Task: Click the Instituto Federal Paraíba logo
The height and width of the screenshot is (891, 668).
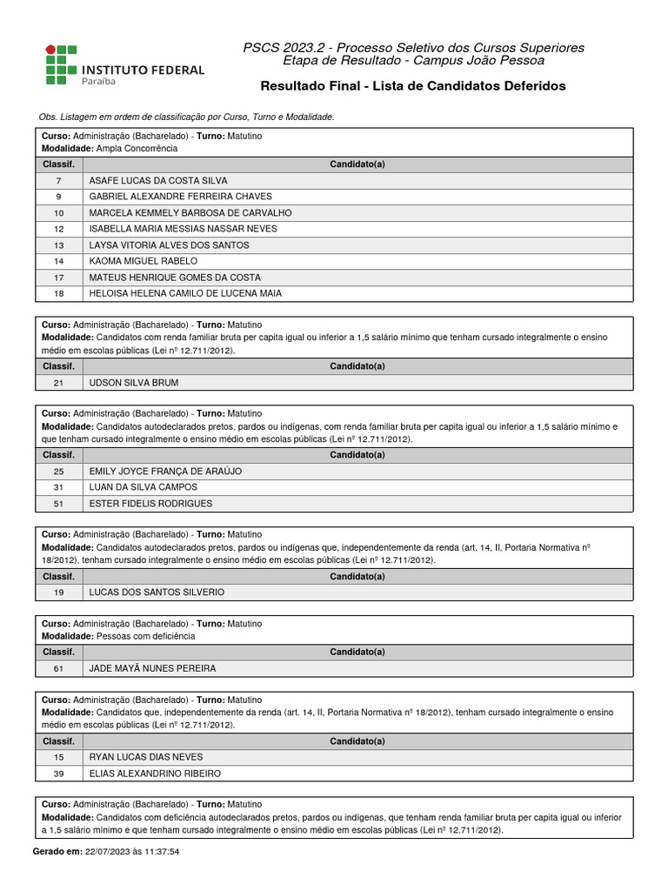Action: coord(125,64)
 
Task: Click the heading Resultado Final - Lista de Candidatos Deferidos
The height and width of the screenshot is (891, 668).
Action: coord(413,86)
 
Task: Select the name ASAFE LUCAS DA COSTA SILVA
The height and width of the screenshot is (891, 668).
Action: coord(158,180)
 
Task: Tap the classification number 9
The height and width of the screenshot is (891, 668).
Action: coord(58,197)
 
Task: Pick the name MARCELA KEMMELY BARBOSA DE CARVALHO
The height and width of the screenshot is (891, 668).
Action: coord(190,212)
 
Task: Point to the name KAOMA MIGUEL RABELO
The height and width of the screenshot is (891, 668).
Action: coord(144,261)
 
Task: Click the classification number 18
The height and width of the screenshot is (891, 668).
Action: coord(58,293)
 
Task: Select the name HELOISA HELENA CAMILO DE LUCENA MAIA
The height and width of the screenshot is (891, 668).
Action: coord(185,293)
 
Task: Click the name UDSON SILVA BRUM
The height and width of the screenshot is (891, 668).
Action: coord(134,383)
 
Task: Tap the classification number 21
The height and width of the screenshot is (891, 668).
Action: coord(58,383)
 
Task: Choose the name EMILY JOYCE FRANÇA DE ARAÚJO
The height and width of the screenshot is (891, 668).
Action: coord(165,471)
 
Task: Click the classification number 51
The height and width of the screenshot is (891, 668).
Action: coord(58,504)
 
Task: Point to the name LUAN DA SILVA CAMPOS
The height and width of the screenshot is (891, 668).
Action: coord(144,487)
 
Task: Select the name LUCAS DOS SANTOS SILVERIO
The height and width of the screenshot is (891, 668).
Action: coord(157,592)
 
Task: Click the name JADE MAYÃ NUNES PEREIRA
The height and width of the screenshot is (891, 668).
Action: coord(152,668)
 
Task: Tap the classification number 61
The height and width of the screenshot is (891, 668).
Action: coord(58,668)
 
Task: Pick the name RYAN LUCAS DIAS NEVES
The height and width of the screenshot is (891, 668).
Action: coord(146,757)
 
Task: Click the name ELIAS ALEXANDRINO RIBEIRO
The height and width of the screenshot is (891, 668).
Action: coord(155,774)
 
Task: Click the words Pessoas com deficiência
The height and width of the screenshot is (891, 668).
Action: coord(145,636)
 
